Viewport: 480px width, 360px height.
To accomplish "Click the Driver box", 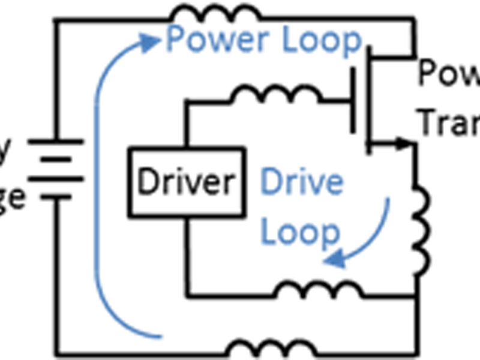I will pyautogui.click(x=185, y=181).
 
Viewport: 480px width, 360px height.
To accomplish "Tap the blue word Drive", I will pyautogui.click(x=302, y=181).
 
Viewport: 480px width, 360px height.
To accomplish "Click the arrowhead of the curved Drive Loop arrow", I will pyautogui.click(x=332, y=259).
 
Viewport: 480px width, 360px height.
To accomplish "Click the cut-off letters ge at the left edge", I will pyautogui.click(x=12, y=197).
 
